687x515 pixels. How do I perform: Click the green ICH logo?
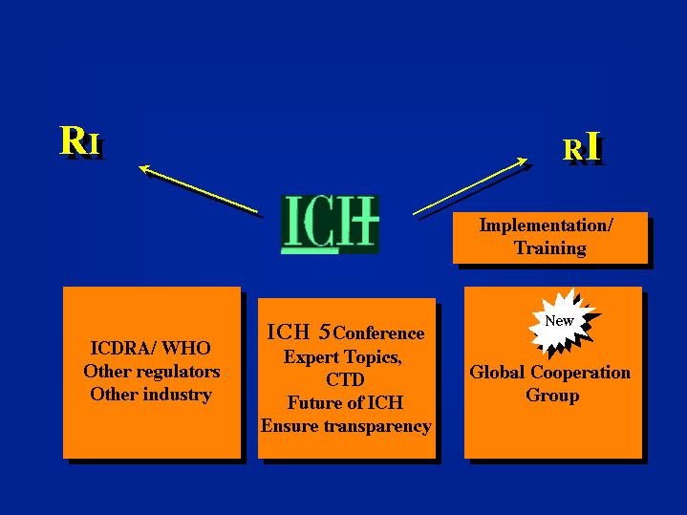(330, 225)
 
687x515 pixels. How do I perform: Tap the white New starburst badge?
(562, 321)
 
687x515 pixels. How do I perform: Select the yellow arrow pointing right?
(470, 186)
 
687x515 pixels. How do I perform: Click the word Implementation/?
(546, 225)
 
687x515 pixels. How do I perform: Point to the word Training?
(550, 248)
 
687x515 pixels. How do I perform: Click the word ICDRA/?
(123, 349)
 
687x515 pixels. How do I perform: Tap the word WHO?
(186, 349)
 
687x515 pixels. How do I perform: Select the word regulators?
(180, 372)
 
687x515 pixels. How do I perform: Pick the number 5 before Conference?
(324, 333)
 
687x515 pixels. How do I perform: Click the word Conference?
(378, 333)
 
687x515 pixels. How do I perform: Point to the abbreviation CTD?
(345, 379)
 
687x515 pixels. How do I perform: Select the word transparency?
(377, 426)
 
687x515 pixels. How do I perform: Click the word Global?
(497, 372)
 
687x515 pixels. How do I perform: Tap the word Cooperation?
(581, 373)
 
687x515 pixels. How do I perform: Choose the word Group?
(552, 396)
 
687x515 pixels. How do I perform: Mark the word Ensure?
(290, 426)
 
